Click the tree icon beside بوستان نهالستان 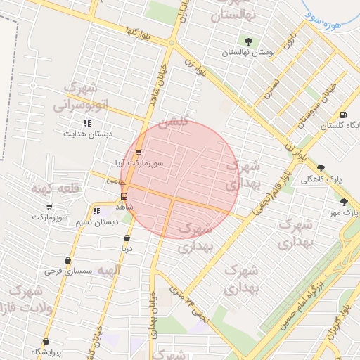click(247, 40)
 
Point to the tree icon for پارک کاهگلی click(321, 168)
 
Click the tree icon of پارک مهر click(343, 202)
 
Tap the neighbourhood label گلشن click(174, 122)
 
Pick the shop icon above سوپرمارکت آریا click(139, 152)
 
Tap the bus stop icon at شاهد click(124, 197)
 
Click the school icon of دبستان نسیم click(96, 210)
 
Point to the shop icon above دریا click(127, 238)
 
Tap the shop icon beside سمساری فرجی click(67, 261)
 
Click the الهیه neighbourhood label click(109, 270)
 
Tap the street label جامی click(111, 181)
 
